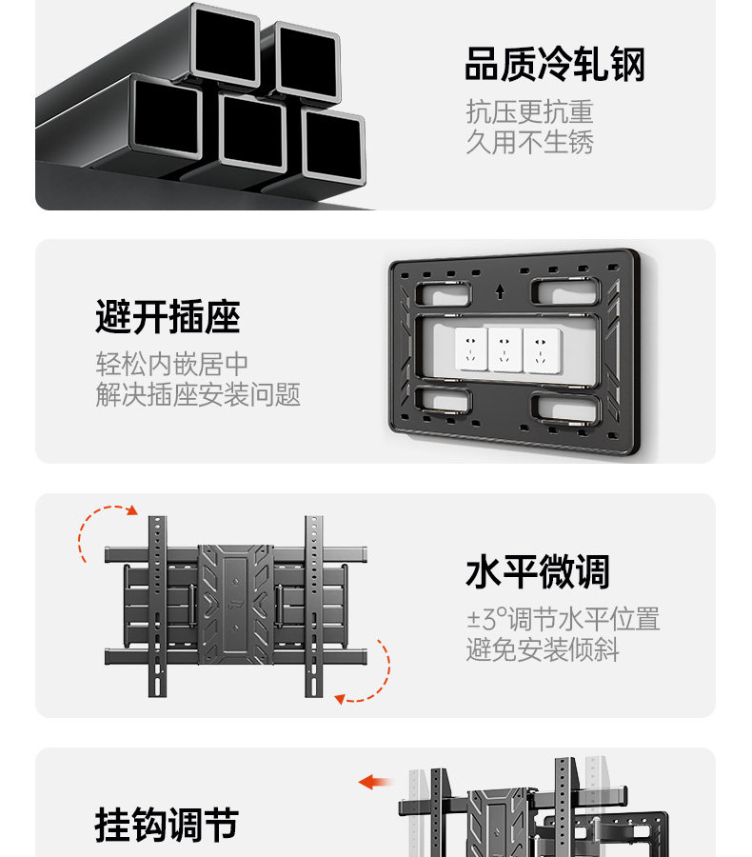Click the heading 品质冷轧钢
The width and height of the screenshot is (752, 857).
[x=555, y=66]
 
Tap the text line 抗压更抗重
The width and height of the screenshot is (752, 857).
[x=529, y=112]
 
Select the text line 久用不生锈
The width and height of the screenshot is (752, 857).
[x=529, y=143]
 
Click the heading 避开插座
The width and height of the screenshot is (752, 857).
[x=168, y=316]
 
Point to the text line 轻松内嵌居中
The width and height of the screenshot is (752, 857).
[x=172, y=364]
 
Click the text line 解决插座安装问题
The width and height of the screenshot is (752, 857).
[x=198, y=394]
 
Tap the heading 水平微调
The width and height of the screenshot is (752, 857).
[x=537, y=572]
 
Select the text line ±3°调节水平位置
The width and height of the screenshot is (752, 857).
[x=563, y=620]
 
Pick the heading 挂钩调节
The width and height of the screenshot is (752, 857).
[x=167, y=826]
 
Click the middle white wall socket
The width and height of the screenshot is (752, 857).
[x=505, y=349]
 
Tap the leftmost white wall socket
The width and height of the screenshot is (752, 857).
[x=470, y=349]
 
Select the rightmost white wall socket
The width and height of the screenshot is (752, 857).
[x=540, y=349]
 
